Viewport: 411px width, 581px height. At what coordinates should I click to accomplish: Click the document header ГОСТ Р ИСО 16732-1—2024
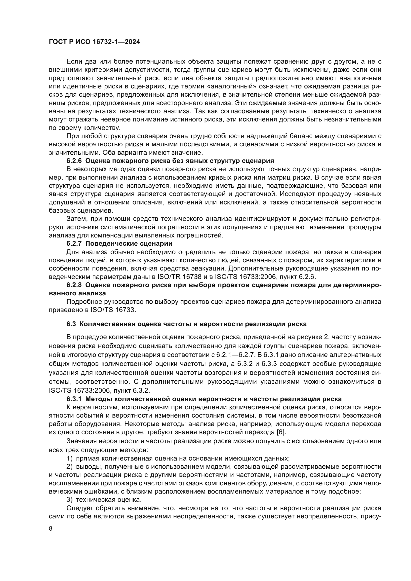(x=94, y=42)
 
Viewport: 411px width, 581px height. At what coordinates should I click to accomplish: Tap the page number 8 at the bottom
(x=51, y=529)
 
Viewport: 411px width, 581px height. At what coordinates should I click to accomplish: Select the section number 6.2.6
(x=74, y=161)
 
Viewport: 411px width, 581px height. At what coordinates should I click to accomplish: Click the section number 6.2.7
(x=74, y=244)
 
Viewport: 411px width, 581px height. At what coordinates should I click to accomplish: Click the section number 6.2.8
(x=74, y=285)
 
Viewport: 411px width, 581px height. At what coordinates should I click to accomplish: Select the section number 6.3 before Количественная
(x=71, y=324)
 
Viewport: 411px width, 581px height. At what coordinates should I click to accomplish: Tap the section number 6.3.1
(x=74, y=399)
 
